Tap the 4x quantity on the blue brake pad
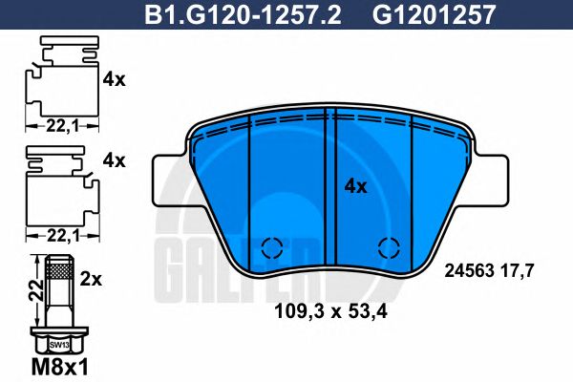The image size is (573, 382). [x=355, y=187]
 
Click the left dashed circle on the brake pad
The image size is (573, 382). [x=271, y=247]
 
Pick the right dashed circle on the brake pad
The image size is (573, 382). [x=388, y=247]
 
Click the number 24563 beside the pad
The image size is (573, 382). [x=470, y=271]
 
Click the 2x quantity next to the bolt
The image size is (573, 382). [x=92, y=281]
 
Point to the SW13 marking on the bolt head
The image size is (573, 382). [x=59, y=343]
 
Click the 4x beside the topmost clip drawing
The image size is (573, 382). [x=114, y=80]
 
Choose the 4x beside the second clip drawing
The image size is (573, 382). [x=114, y=161]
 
